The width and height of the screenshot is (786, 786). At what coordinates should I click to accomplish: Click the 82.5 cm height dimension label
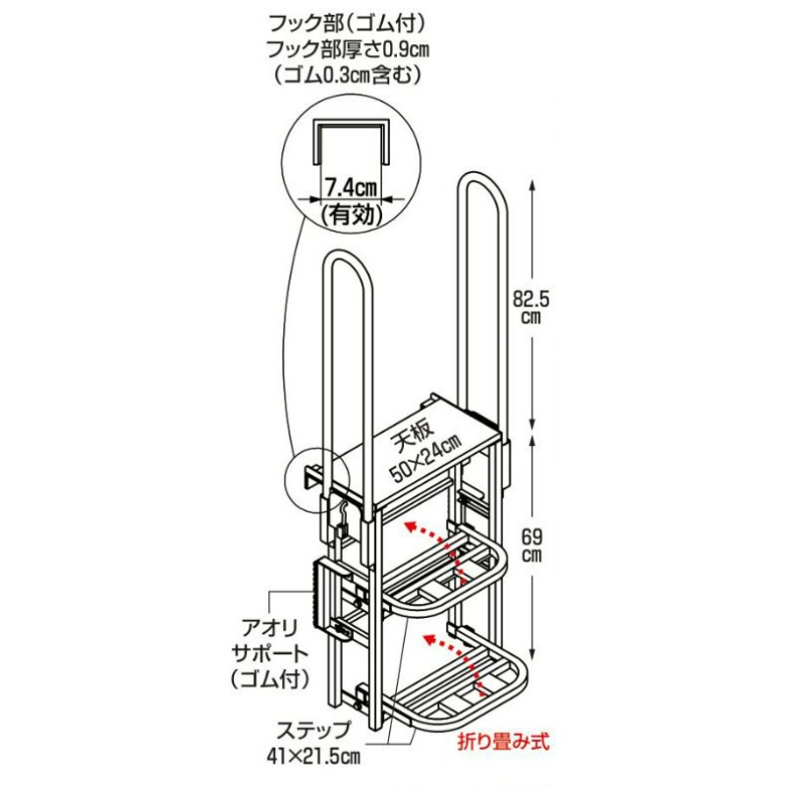[532, 308]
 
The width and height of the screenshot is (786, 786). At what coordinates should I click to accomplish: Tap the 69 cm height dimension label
[532, 546]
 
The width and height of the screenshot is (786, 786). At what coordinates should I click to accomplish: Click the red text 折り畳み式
[503, 742]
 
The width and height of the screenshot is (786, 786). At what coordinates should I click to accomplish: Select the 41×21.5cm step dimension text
[313, 757]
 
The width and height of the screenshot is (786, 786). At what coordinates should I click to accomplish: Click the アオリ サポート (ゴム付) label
[269, 653]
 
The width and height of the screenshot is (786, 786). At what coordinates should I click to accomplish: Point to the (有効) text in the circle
[352, 215]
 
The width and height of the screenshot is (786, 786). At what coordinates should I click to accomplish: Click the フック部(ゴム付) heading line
[348, 24]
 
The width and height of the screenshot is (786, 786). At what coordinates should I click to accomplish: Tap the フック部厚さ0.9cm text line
[348, 50]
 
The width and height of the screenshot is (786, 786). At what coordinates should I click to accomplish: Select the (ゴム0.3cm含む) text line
[348, 76]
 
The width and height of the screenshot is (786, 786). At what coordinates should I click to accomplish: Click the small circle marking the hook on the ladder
[314, 479]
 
